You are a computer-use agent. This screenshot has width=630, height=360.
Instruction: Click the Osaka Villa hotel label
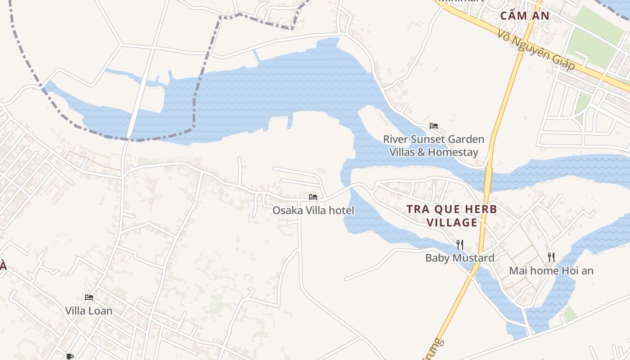314,210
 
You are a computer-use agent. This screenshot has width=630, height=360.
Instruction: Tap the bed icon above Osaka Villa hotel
313,197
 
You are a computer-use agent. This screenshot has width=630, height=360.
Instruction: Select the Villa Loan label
89,310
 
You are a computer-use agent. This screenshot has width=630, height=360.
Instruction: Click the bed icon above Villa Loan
89,297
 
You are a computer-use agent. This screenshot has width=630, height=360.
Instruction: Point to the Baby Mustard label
460,258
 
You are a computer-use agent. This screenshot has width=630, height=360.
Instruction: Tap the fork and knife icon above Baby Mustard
460,245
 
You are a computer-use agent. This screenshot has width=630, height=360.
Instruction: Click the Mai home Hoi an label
551,270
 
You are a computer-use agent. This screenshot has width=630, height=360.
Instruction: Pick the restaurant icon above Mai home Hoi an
551,257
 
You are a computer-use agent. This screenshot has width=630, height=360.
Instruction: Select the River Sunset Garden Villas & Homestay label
434,145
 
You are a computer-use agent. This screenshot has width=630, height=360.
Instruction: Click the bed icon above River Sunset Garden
434,126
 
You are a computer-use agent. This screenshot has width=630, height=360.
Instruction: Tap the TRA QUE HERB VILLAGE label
452,216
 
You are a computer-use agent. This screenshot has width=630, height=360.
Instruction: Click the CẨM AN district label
525,16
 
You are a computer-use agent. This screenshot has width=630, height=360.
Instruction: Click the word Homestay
453,152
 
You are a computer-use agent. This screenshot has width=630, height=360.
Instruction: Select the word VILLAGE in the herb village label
452,222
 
